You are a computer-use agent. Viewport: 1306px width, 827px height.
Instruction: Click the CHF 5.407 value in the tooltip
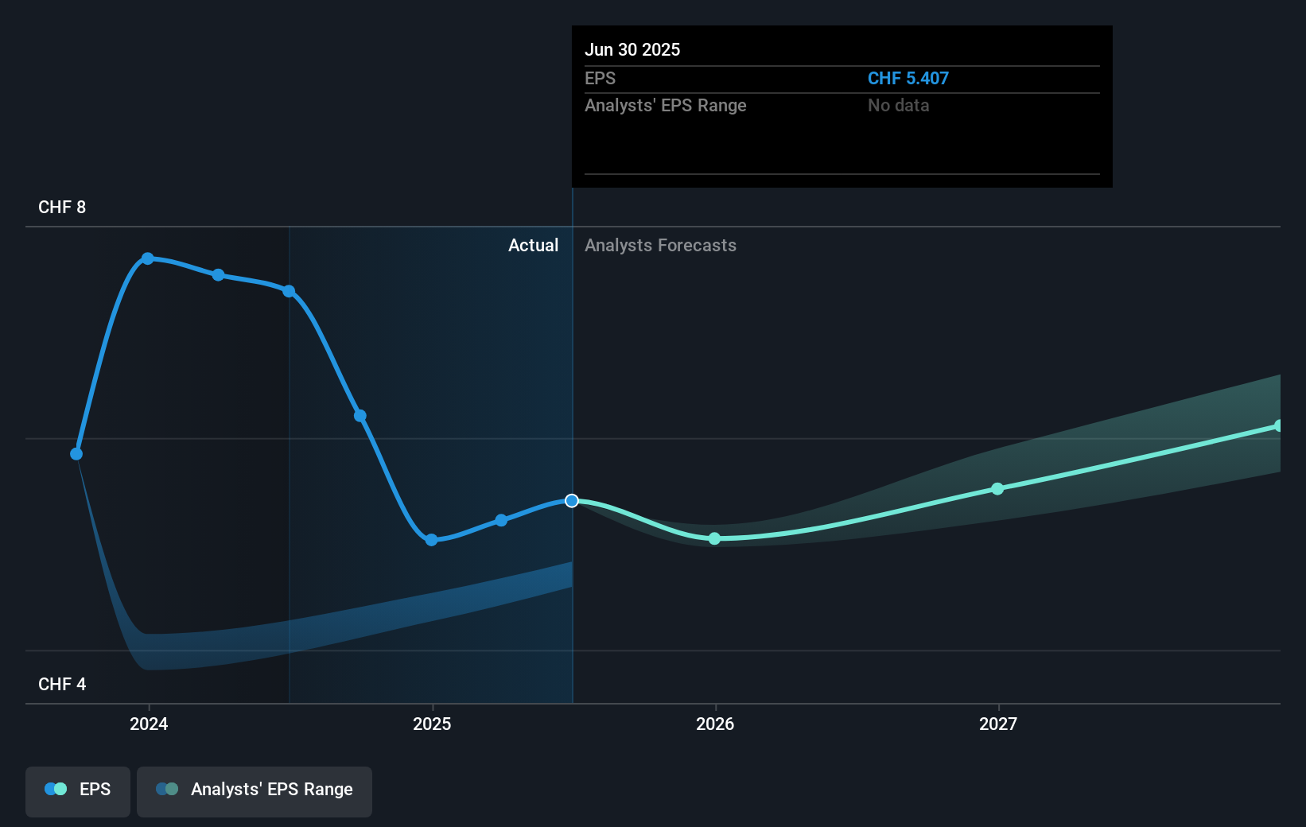908,78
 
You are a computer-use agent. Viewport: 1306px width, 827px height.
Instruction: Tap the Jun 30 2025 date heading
632,49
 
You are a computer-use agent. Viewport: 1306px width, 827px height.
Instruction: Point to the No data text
898,105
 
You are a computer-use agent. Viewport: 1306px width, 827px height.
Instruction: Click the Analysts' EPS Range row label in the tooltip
665,105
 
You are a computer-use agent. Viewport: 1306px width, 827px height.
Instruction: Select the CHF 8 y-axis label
62,207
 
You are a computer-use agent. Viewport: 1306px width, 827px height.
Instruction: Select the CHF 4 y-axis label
62,684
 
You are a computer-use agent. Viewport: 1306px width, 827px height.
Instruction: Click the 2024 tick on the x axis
149,724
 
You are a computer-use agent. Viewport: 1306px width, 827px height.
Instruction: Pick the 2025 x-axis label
432,724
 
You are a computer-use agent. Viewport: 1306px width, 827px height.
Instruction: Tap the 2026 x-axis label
715,724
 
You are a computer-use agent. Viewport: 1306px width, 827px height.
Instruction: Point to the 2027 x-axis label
998,724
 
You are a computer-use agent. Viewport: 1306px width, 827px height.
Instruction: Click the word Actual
533,245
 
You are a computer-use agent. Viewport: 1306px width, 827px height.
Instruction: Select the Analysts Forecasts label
660,245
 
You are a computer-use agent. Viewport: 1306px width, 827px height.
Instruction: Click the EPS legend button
78,790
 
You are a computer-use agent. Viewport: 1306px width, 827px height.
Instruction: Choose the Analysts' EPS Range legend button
255,790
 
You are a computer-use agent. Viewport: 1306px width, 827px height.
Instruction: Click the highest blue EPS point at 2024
148,258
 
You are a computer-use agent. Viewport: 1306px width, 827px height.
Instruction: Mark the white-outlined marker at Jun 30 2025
572,500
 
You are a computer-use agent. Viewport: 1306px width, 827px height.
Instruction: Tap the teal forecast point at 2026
714,538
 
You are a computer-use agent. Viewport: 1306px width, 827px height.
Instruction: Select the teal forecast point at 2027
997,488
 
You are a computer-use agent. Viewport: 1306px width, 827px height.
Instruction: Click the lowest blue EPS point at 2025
431,540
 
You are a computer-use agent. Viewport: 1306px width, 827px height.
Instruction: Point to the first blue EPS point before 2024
76,454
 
